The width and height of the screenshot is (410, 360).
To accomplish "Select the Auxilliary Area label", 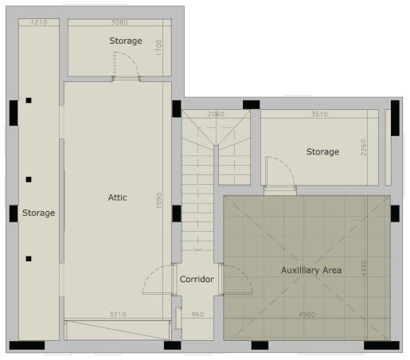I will coord(311,270).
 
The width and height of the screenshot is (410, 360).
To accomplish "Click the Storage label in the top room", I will coord(126,41).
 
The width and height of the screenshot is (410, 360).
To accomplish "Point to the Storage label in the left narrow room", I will coord(38,213).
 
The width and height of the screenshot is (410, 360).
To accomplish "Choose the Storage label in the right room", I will coord(322,151).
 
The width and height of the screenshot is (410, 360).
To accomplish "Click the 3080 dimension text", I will coord(120,22).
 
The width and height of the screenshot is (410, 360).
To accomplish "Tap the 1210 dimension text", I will coord(40,22).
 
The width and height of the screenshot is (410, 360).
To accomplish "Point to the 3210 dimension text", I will coord(117,314).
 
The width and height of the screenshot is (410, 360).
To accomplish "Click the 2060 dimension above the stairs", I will coord(216,115).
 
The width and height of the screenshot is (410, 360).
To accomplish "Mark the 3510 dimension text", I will coord(319,115).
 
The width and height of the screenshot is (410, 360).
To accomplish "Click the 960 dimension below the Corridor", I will coord(197,314).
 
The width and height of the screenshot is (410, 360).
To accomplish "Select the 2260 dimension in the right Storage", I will coord(362,151).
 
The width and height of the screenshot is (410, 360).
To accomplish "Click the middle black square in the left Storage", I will coord(29,180).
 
